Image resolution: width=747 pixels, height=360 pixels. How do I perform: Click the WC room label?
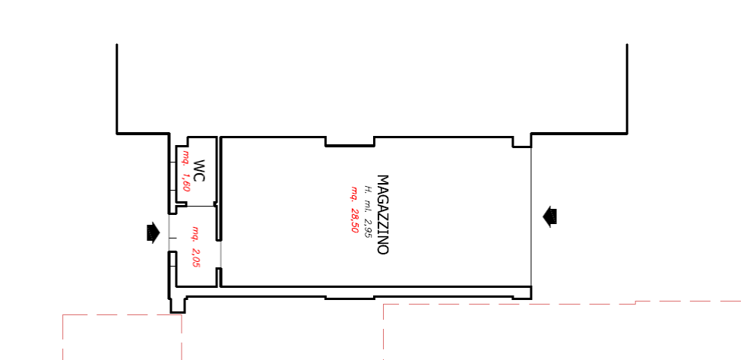click(199, 171)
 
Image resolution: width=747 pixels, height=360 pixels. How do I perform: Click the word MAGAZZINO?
click(383, 215)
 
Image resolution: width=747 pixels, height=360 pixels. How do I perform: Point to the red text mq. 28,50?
click(353, 210)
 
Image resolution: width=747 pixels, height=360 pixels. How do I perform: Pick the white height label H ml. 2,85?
click(368, 210)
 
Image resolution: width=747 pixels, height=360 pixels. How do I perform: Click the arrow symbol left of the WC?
click(153, 232)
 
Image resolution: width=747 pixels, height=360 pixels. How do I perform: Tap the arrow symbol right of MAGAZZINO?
click(549, 216)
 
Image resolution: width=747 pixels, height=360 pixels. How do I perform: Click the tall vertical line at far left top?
click(117, 88)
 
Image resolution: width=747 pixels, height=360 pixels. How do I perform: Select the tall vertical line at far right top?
click(627, 88)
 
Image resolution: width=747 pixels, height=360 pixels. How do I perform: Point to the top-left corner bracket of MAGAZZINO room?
click(326, 142)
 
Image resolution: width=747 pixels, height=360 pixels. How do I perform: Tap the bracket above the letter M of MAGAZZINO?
click(374, 142)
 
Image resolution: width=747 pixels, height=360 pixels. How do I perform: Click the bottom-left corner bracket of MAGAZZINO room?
click(326, 297)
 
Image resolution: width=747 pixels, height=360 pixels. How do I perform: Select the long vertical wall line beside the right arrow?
click(530, 216)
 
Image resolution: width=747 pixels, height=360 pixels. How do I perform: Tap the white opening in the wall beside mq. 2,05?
click(220, 253)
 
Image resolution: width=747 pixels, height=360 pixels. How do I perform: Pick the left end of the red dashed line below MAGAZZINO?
click(385, 306)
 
